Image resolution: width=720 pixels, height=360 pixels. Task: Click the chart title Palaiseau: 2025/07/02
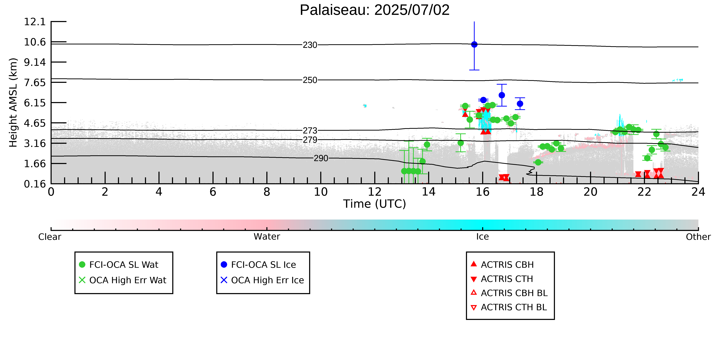tap(375, 10)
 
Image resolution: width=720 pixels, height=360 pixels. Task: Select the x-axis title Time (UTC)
tap(375, 204)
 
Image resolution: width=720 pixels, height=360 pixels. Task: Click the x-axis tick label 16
tap(483, 192)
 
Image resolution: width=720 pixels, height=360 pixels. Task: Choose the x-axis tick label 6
tap(213, 192)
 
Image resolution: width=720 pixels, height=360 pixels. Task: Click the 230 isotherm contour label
tap(310, 45)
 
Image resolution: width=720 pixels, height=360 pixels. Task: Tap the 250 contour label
tap(310, 80)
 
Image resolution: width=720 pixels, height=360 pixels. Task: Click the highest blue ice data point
tap(474, 44)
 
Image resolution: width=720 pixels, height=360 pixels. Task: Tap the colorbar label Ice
tap(483, 237)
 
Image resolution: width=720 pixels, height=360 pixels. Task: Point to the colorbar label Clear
tap(50, 237)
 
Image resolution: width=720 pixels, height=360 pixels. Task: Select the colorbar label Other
tap(698, 237)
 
